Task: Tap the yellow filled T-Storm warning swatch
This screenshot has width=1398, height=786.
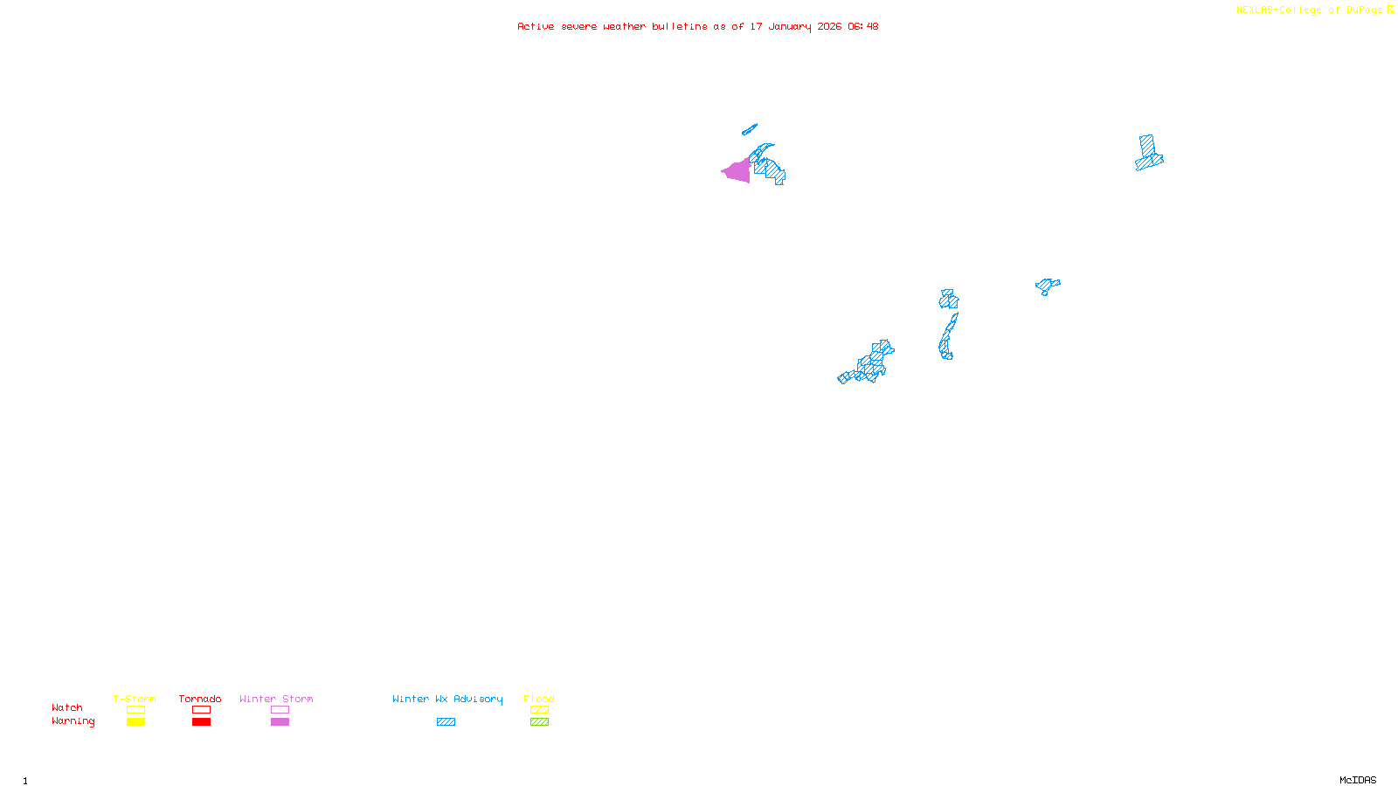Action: [x=135, y=722]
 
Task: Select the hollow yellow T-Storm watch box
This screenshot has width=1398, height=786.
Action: [x=135, y=710]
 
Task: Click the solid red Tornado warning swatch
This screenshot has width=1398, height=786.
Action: [x=201, y=722]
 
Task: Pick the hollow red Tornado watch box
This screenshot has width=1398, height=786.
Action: [x=201, y=710]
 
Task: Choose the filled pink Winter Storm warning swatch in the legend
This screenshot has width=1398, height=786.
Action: [x=280, y=722]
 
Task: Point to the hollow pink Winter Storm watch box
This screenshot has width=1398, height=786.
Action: [x=280, y=710]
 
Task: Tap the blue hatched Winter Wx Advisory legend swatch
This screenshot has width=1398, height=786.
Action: [x=446, y=722]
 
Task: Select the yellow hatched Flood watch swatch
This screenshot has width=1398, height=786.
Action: [x=539, y=710]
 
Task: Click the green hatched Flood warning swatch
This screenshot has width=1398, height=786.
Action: [x=539, y=722]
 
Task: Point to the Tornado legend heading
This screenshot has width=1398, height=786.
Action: [x=200, y=699]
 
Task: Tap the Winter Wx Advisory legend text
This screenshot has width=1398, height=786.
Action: [x=447, y=699]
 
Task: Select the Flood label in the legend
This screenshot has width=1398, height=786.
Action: [x=539, y=699]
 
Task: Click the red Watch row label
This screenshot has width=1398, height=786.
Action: [x=67, y=707]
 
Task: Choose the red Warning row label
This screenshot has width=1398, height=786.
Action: [x=73, y=721]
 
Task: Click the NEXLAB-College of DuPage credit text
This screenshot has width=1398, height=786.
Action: [x=1310, y=10]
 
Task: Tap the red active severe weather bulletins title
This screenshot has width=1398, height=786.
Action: [x=697, y=26]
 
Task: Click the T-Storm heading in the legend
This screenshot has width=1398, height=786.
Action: [x=135, y=699]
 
